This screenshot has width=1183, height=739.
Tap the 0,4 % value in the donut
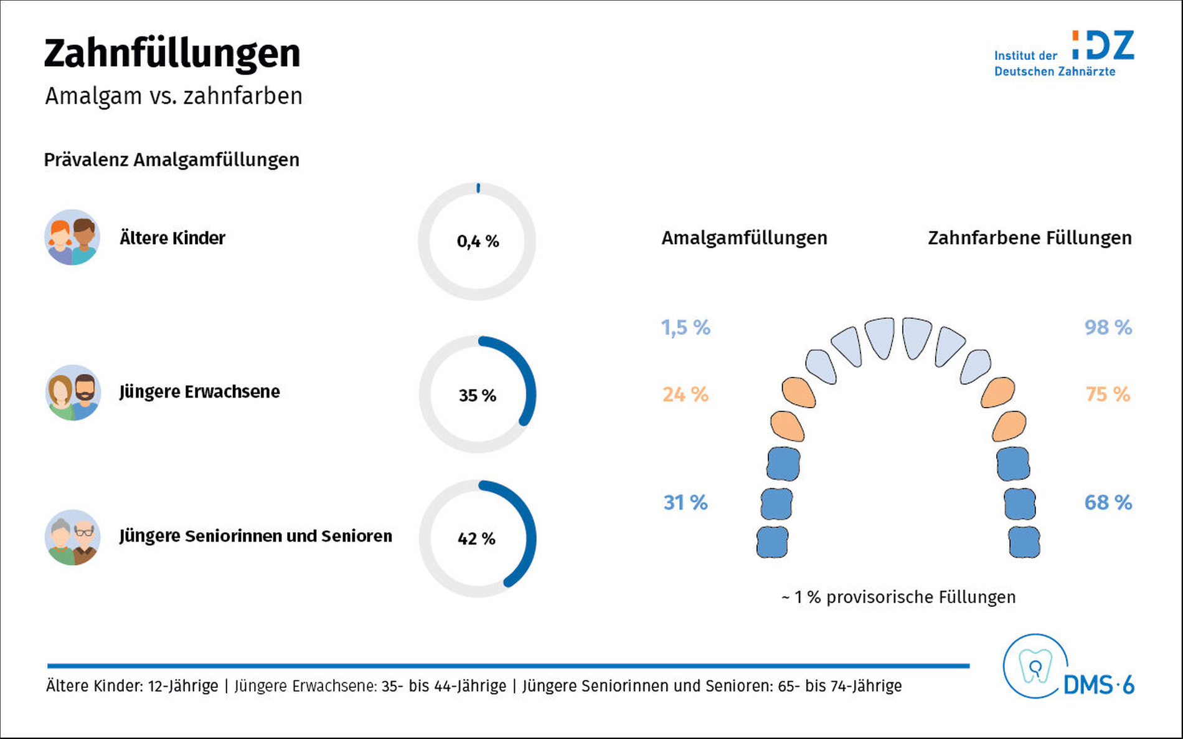478,241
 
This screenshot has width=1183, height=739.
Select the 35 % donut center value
478,395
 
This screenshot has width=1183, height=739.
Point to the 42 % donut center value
476,538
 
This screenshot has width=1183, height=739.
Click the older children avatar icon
72,237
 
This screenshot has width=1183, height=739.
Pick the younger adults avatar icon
73,393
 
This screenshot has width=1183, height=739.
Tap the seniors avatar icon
73,537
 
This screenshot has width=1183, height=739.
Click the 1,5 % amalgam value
686,328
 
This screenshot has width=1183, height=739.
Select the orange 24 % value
686,394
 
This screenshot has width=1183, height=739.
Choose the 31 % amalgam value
686,502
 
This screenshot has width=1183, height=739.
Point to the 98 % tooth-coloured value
1108,327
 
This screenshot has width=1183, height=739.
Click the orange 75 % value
1108,394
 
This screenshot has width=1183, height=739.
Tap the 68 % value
1108,502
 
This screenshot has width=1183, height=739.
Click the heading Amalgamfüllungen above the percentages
744,238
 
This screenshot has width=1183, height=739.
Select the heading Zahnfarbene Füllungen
1030,238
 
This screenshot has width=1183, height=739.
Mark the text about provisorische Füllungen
898,597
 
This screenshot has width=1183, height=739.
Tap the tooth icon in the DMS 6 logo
1035,666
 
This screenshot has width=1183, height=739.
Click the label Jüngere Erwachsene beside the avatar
200,392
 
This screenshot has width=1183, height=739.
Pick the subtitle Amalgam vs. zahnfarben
174,97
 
